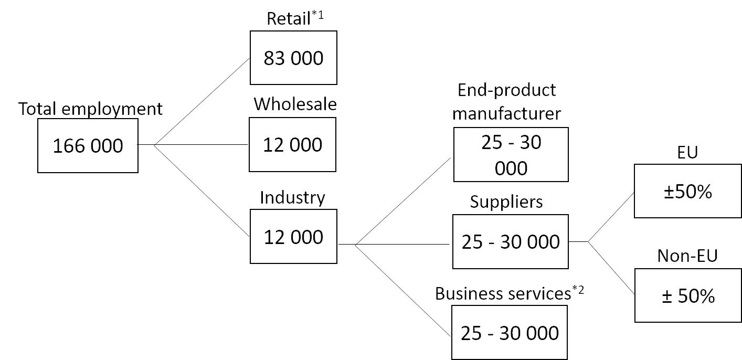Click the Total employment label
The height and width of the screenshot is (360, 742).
90,109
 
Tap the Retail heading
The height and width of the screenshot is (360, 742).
289,18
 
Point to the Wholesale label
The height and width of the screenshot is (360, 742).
295,104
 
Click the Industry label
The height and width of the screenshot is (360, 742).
292,198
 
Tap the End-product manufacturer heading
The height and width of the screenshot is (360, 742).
506,102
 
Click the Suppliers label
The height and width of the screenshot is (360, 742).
506,202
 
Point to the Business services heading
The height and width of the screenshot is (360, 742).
503,294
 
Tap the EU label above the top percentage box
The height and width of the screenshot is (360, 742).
687,152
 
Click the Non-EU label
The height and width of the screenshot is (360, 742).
687,256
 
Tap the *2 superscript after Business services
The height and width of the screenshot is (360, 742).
578,290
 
